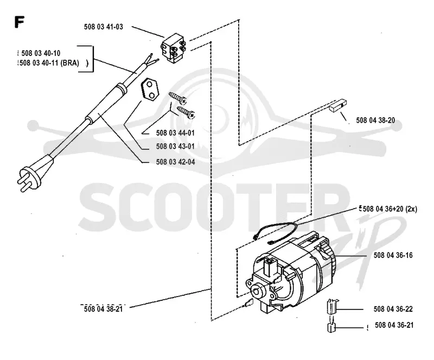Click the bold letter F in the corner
pyautogui.click(x=20, y=22)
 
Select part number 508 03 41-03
pyautogui.click(x=104, y=27)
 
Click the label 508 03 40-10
pyautogui.click(x=41, y=53)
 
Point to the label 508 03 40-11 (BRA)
pyautogui.click(x=49, y=63)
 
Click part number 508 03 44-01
pyautogui.click(x=175, y=132)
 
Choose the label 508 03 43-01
pyautogui.click(x=175, y=146)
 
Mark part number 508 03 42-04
pyautogui.click(x=175, y=162)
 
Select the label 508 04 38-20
pyautogui.click(x=375, y=121)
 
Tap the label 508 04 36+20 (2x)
pyautogui.click(x=390, y=209)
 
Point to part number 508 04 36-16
pyautogui.click(x=393, y=255)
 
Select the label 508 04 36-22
pyautogui.click(x=393, y=309)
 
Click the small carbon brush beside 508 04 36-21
pyautogui.click(x=331, y=327)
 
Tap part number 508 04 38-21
pyautogui.click(x=103, y=309)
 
